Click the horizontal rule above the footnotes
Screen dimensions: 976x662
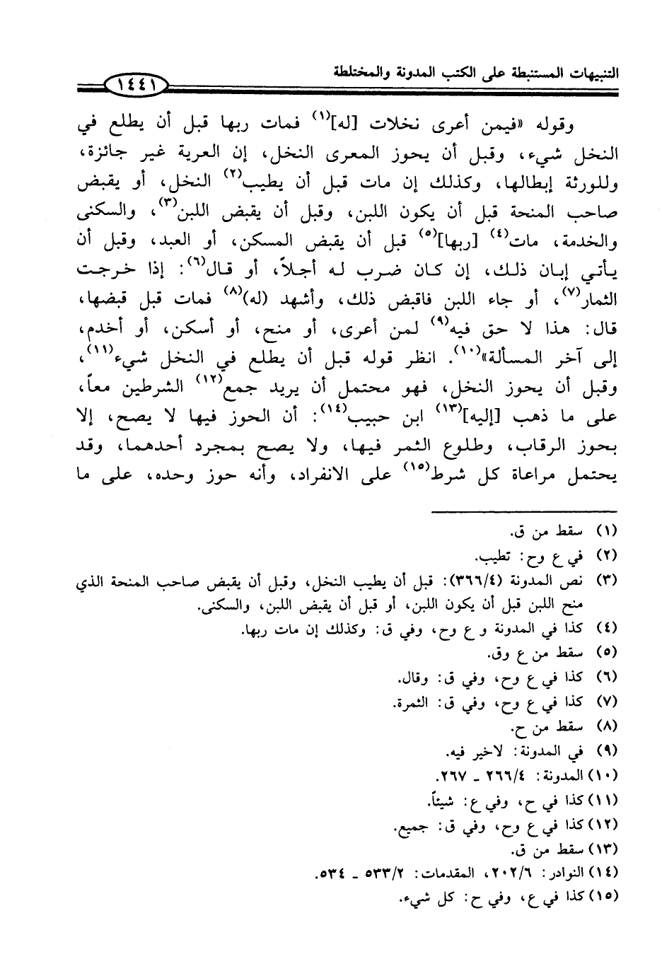click(524, 511)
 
